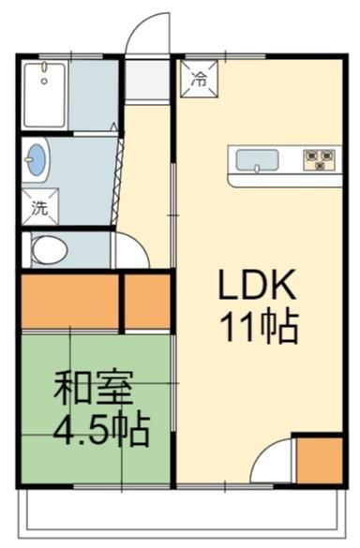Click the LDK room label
tap(257, 285)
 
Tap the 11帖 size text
tap(259, 327)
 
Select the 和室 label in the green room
tap(94, 387)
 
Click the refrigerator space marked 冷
tap(199, 79)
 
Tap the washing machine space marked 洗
tap(40, 207)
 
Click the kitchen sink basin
tap(257, 160)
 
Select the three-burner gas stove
tap(320, 160)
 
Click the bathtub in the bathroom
tap(44, 95)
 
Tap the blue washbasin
tap(37, 159)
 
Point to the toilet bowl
tap(50, 250)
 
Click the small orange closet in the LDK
tap(319, 461)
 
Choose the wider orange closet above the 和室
tap(70, 302)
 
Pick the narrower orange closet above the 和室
tap(147, 302)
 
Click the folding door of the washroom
tap(117, 182)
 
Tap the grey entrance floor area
tap(147, 81)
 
